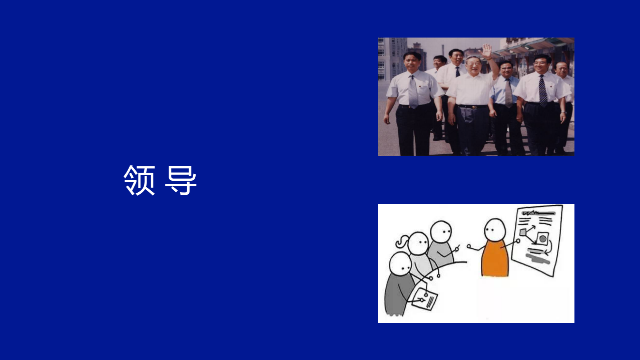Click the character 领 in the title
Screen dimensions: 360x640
(x=140, y=180)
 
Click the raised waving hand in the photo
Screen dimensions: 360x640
(x=486, y=50)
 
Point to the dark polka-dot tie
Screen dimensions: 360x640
(x=543, y=91)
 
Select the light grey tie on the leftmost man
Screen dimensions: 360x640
(x=413, y=92)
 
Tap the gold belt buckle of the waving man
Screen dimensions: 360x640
(x=471, y=107)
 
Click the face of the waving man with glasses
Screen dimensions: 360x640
(x=473, y=65)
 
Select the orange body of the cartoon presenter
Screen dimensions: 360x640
(x=494, y=259)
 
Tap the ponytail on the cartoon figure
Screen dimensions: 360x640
(x=402, y=243)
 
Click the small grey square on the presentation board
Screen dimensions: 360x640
(x=523, y=232)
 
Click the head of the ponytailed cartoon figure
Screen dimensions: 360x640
(x=418, y=244)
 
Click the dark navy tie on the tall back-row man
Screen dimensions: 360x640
(x=457, y=71)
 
